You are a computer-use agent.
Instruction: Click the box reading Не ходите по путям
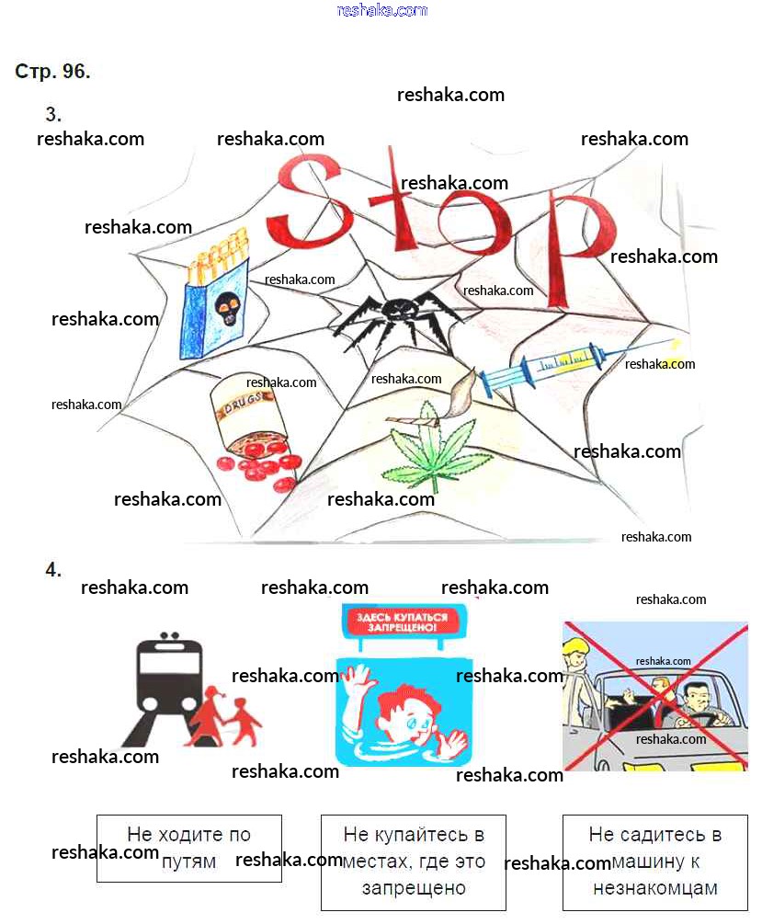point(188,848)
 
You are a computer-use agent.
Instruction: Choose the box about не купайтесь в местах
point(413,861)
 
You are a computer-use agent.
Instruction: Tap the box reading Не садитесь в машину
point(654,861)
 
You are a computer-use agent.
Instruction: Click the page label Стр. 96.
point(52,72)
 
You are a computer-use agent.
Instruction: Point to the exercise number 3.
point(53,115)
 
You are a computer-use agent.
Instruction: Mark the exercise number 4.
point(53,570)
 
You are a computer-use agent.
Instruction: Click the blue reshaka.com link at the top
point(381,10)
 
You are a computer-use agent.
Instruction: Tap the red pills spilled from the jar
point(262,460)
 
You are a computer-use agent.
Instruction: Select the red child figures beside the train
point(225,716)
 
